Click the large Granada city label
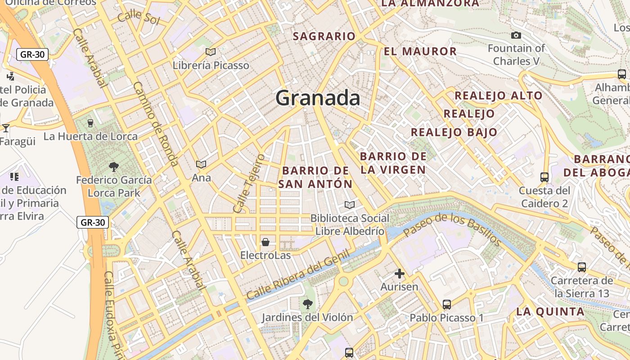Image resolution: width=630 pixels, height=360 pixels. pyautogui.click(x=318, y=98)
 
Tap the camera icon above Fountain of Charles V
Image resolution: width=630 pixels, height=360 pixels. pyautogui.click(x=516, y=35)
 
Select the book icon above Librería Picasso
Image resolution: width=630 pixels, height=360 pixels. pyautogui.click(x=210, y=52)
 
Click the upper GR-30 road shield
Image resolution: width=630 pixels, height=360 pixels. pyautogui.click(x=32, y=55)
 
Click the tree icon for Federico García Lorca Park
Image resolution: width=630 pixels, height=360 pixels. pyautogui.click(x=114, y=167)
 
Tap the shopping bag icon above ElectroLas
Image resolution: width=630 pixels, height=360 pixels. pyautogui.click(x=265, y=242)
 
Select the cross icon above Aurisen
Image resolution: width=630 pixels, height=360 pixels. pyautogui.click(x=399, y=273)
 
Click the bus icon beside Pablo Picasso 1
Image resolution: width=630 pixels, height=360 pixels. pyautogui.click(x=446, y=305)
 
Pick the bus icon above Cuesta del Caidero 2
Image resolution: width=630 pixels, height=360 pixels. pyautogui.click(x=544, y=177)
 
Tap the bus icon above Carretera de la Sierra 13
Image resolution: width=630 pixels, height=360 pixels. pyautogui.click(x=581, y=267)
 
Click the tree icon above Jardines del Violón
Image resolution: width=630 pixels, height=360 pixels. pyautogui.click(x=308, y=304)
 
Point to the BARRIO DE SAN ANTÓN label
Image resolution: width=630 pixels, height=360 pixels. pyautogui.click(x=315, y=177)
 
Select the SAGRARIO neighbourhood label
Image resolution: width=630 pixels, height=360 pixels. pyautogui.click(x=324, y=36)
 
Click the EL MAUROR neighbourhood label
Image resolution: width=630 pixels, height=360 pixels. pyautogui.click(x=420, y=51)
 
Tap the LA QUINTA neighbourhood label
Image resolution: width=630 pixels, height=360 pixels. pyautogui.click(x=550, y=311)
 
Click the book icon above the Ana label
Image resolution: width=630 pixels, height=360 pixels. pyautogui.click(x=201, y=165)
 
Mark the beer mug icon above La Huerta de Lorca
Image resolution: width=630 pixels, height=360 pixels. pyautogui.click(x=90, y=123)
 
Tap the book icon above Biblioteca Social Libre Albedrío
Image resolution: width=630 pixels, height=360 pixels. pyautogui.click(x=350, y=205)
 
